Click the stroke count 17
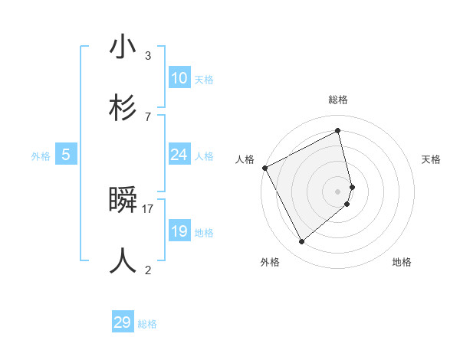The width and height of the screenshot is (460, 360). [x=148, y=208]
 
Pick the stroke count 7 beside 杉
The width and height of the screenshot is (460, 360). [x=148, y=116]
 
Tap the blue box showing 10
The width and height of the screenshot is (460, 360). [x=179, y=78]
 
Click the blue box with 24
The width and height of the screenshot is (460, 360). [x=179, y=155]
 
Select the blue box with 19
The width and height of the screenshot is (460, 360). [x=179, y=231]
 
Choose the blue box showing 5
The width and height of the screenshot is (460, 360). [x=66, y=155]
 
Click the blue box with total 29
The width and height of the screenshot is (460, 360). [x=123, y=322]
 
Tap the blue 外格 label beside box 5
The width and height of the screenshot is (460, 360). [x=41, y=155]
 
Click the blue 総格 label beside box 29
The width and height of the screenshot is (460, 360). [x=147, y=324]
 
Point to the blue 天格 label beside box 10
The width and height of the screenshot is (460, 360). [x=204, y=80]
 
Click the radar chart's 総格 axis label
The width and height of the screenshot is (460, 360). [x=338, y=100]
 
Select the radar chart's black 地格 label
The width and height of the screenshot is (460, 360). [x=402, y=262]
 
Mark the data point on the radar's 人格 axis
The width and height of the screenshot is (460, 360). [x=264, y=168]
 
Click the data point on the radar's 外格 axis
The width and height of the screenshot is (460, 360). [x=301, y=242]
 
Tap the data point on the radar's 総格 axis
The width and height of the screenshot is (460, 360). [x=338, y=131]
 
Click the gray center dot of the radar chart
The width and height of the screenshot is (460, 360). [x=338, y=191]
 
